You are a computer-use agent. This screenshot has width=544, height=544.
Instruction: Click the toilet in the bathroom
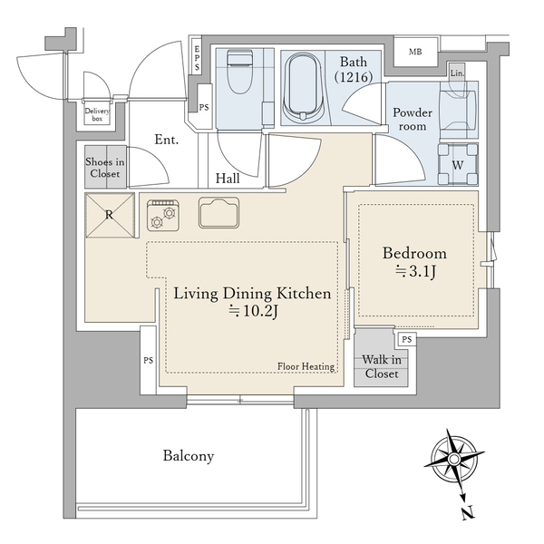[239, 71]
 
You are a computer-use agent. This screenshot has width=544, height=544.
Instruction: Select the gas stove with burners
[163, 216]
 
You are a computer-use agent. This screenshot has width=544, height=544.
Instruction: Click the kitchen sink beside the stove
[219, 213]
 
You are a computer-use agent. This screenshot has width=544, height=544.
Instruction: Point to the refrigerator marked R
[110, 216]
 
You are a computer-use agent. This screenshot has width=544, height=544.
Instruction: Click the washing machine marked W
[458, 164]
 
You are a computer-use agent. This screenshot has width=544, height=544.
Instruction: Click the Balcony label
[189, 456]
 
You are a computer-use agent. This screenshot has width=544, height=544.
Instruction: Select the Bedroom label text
[414, 253]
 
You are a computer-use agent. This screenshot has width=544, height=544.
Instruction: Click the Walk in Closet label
[382, 366]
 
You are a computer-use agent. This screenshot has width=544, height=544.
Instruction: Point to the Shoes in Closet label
[105, 168]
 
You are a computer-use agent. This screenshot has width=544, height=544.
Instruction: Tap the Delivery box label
[98, 115]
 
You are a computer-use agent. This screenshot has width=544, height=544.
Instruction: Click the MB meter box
[415, 52]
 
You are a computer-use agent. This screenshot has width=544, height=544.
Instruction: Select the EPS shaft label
[197, 58]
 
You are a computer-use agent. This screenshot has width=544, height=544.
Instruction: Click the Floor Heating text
[306, 366]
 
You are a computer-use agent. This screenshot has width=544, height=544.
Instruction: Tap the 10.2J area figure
[253, 311]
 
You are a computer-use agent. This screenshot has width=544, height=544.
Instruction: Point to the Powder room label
[413, 120]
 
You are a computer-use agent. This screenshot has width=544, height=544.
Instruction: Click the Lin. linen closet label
[457, 73]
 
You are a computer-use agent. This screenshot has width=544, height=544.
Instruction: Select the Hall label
[228, 179]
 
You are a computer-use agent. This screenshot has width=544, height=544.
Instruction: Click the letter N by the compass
[468, 513]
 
